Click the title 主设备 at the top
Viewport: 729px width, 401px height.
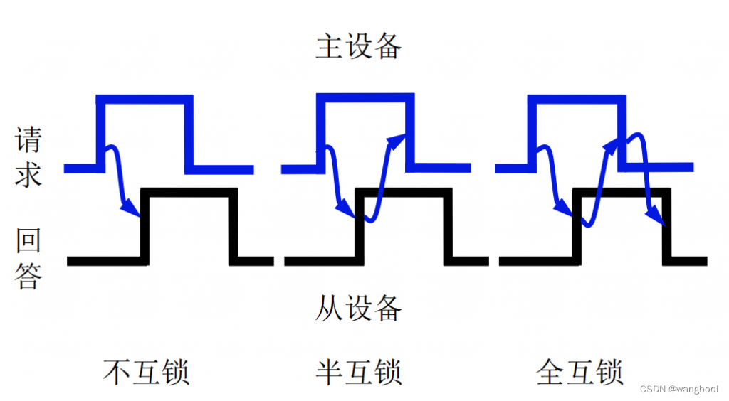point(359,47)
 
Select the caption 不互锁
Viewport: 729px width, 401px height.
point(147,372)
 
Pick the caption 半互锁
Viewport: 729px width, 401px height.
point(359,372)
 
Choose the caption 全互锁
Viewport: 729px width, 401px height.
point(579,372)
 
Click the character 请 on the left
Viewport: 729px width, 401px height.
point(28,140)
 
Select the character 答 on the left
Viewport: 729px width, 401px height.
point(28,276)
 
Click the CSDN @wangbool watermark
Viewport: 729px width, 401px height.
point(678,389)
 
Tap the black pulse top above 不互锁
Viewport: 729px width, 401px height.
point(189,192)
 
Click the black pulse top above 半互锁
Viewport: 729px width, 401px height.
point(403,192)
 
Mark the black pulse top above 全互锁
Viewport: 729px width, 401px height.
point(621,192)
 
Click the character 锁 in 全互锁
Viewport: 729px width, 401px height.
point(609,372)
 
